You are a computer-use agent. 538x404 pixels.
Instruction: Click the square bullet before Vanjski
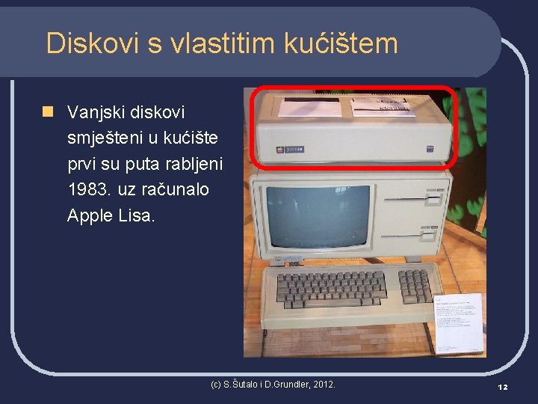coord(49,112)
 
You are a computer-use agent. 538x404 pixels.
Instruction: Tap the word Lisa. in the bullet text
coord(137,215)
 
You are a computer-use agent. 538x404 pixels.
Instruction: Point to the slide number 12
coord(502,386)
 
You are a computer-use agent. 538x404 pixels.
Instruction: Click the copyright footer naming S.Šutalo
coord(273,385)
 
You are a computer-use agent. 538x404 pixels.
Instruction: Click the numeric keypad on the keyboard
coord(415,284)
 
